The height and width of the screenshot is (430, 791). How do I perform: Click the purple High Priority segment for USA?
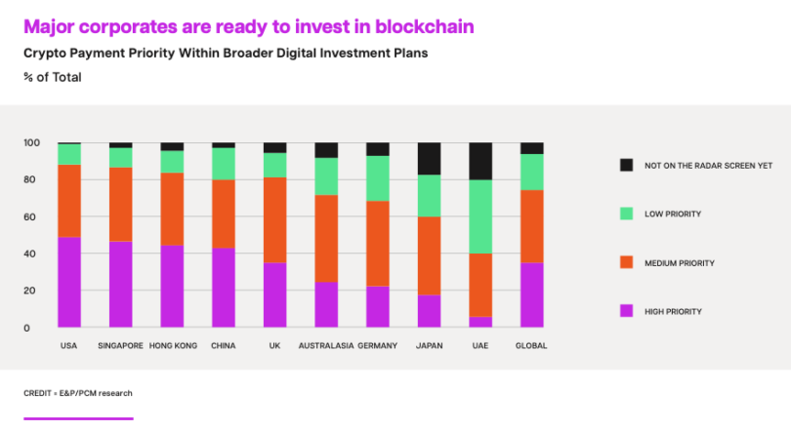point(68,283)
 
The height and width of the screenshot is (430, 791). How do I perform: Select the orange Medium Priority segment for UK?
point(274,219)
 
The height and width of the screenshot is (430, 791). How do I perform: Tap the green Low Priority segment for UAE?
point(480,216)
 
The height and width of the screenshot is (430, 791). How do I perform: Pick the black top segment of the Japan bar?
point(429,159)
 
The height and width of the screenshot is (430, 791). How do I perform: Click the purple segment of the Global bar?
point(532,294)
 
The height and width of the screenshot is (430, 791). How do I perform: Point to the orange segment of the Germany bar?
point(377,244)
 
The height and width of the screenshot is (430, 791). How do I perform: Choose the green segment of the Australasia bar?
point(326,176)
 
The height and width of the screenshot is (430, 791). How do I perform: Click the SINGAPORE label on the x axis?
point(120,346)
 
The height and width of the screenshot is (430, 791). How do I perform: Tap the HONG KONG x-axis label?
point(173,346)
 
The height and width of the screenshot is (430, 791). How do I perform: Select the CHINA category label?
point(223,346)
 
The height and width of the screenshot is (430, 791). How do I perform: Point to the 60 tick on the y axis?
point(30,216)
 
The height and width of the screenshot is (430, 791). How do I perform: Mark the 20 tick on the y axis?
point(30,291)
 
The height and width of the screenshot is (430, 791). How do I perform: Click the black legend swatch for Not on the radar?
point(626,165)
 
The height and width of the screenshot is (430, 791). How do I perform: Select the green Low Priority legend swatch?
point(626,214)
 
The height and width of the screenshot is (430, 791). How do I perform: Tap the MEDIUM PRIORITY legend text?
point(680,263)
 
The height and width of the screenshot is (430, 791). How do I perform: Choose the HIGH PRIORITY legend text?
point(673,312)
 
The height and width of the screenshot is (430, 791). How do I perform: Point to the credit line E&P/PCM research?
point(78,393)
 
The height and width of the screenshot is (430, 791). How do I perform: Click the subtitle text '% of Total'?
point(53,77)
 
